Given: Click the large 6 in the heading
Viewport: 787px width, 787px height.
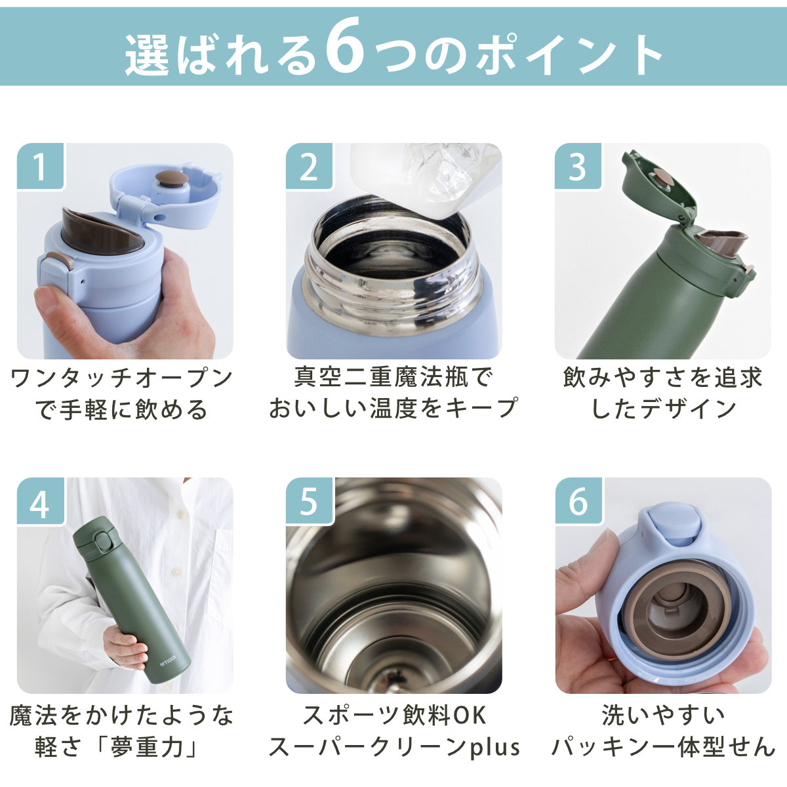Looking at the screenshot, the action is [345, 48].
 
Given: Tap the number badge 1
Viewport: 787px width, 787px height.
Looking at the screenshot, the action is [41, 166].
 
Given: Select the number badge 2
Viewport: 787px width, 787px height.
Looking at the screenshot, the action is [309, 166].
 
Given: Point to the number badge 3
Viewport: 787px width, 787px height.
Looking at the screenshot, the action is [578, 166].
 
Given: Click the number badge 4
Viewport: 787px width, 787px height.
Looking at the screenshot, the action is [41, 500].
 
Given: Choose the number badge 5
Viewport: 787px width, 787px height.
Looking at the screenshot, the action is [309, 500].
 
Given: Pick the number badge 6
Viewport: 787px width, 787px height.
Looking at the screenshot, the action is [578, 500].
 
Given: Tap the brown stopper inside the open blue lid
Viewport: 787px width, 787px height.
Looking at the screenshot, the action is [172, 178].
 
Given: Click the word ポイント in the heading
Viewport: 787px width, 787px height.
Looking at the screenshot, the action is [568, 54].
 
